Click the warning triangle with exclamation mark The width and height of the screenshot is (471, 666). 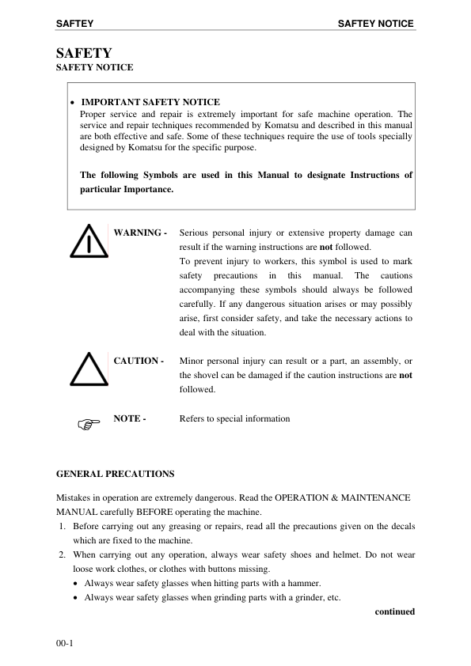(89, 243)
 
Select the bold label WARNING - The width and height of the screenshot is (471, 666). (140, 233)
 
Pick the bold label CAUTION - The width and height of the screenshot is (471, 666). (139, 361)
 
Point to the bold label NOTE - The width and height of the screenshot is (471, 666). (130, 418)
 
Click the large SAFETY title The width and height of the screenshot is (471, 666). (84, 54)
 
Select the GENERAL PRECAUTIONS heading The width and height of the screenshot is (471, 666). (115, 474)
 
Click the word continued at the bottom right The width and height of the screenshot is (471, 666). (394, 611)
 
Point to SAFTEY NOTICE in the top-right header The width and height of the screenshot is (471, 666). (375, 24)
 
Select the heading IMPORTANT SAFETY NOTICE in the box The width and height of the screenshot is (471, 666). (150, 102)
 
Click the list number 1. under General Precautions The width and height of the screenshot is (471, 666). (62, 525)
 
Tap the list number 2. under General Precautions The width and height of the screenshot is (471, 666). (62, 555)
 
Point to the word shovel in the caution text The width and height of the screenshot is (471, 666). (206, 375)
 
